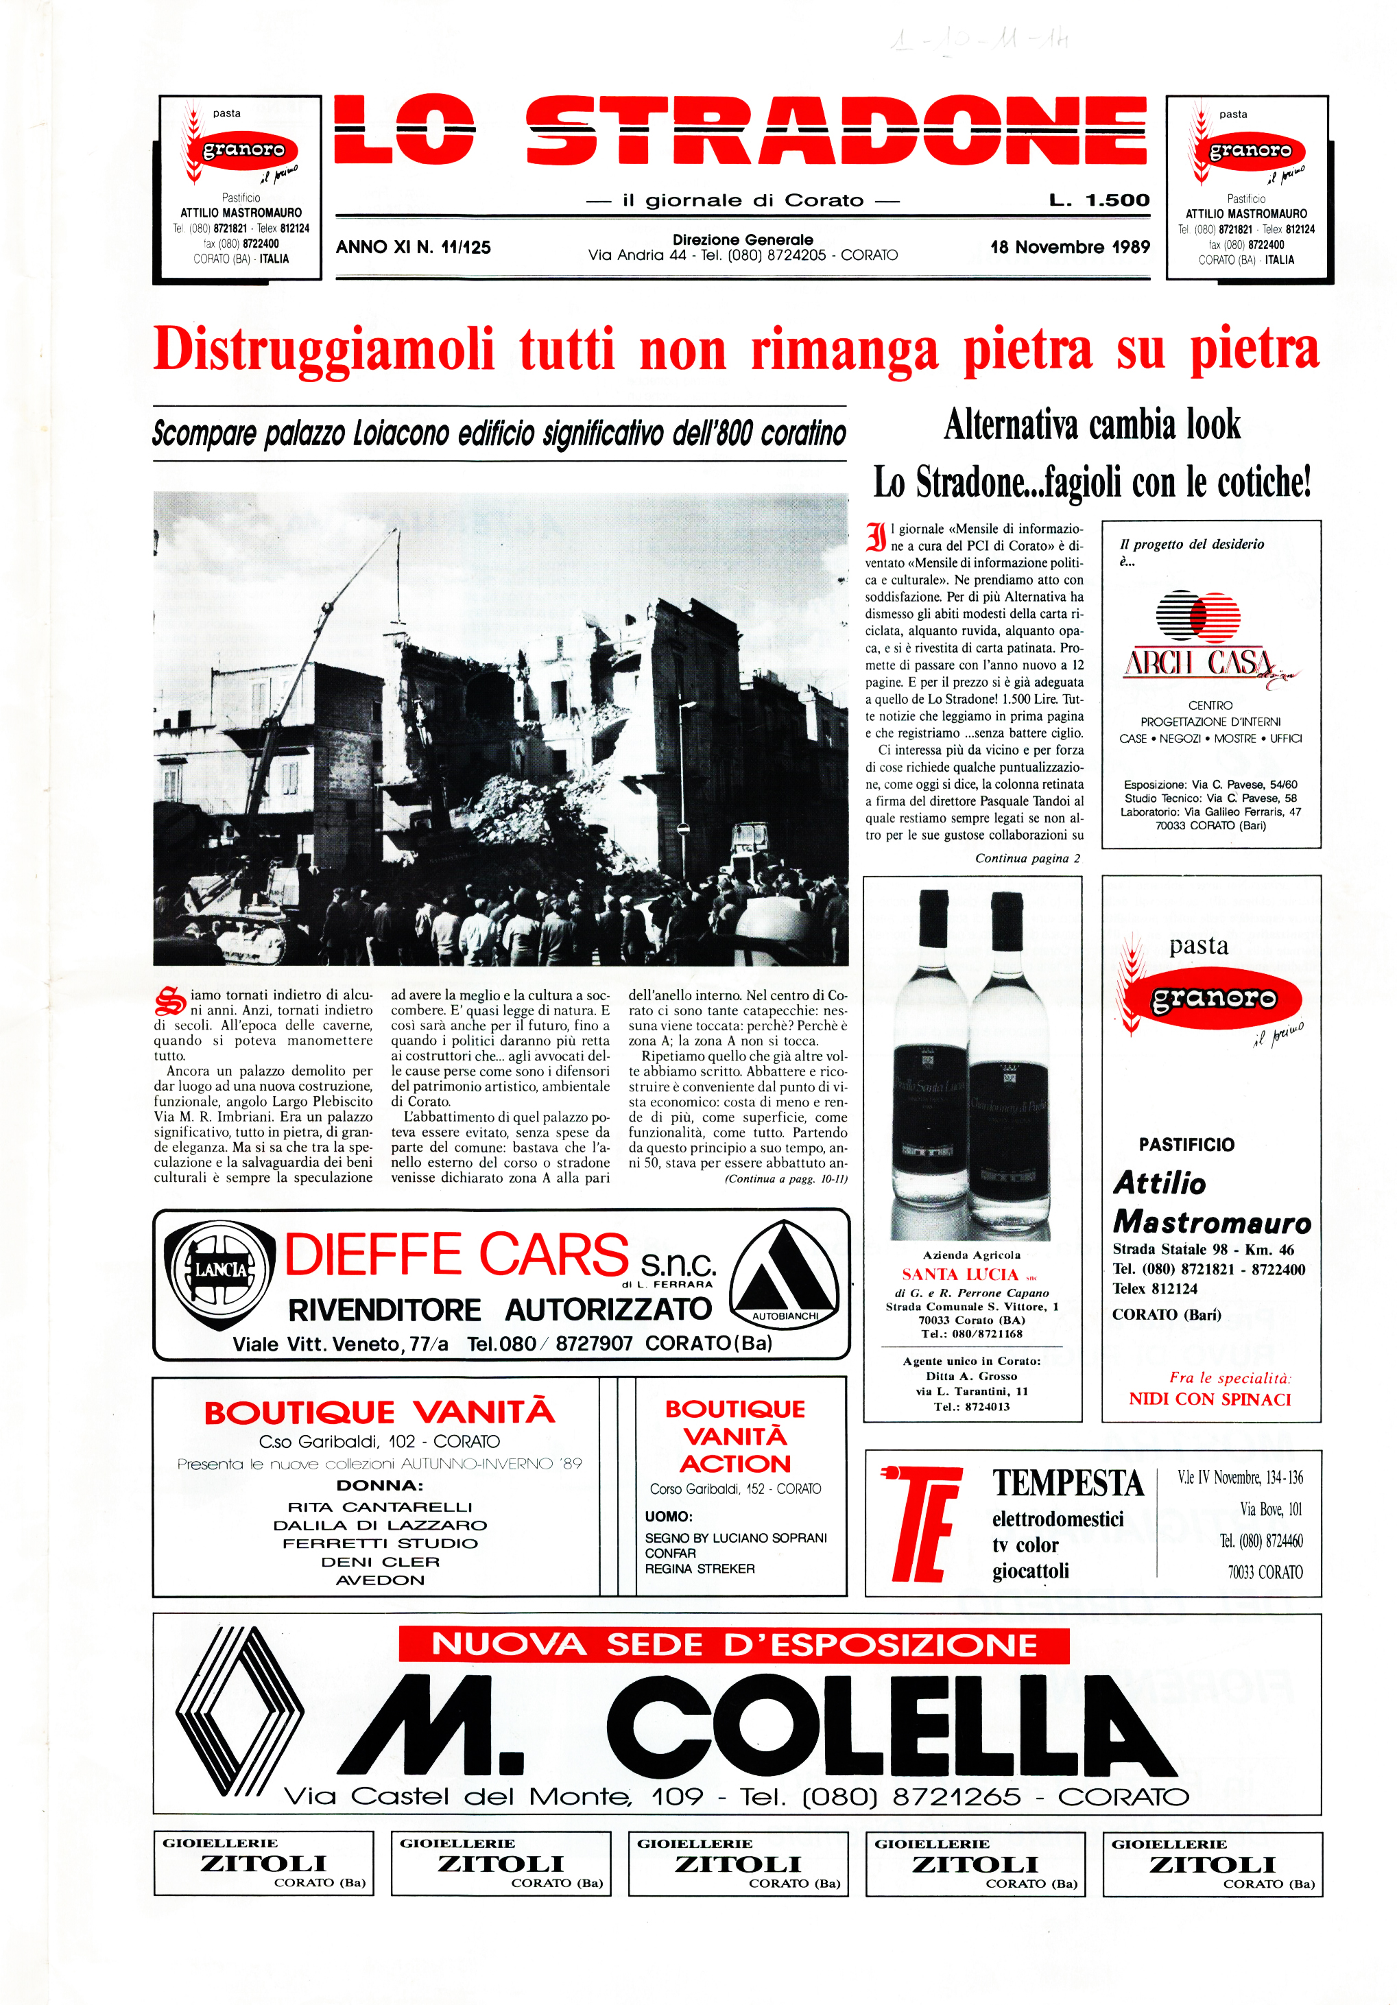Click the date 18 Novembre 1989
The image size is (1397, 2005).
click(x=1070, y=247)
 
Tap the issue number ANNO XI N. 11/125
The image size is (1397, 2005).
click(x=413, y=247)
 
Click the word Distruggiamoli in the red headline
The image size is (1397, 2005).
click(x=323, y=349)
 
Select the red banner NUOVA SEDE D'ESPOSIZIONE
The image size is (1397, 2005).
click(x=733, y=1645)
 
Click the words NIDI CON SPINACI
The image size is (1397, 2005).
click(x=1209, y=1399)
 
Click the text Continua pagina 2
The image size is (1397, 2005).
click(x=1027, y=858)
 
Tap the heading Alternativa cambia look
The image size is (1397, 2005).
click(x=1091, y=425)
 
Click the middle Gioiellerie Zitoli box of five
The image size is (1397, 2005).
click(x=738, y=1864)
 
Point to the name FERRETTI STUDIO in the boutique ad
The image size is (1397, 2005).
click(x=380, y=1543)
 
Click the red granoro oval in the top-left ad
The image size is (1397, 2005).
click(x=243, y=150)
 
